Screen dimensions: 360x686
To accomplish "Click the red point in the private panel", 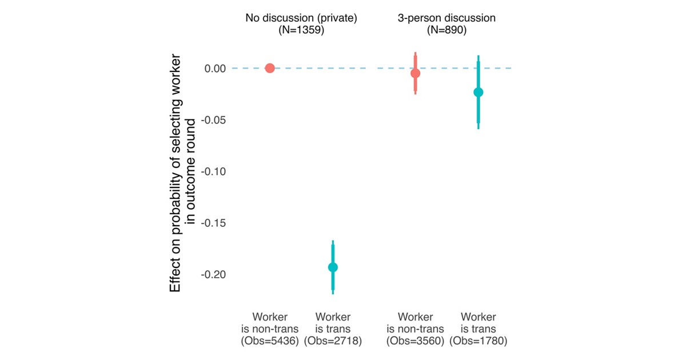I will tap(270, 68).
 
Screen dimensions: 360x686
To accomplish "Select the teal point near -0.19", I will tap(333, 267).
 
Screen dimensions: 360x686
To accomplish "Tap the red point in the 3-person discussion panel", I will tap(416, 73).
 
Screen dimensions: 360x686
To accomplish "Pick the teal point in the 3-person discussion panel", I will tap(478, 92).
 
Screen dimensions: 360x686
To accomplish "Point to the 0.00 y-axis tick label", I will tap(216, 69).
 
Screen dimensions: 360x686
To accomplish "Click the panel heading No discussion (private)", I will tap(301, 18).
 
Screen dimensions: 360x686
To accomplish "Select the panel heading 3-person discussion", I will tap(447, 18).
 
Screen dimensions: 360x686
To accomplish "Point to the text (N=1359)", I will tap(301, 30).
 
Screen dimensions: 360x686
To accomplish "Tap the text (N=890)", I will tap(447, 30).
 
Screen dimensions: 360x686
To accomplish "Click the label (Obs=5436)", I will tap(270, 341).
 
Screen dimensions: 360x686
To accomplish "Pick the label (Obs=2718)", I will tap(333, 341).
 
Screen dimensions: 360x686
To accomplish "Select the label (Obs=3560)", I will tap(416, 341).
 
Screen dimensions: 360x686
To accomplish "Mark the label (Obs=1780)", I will tap(478, 341).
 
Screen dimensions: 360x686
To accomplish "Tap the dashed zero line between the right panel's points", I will tap(447, 68).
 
